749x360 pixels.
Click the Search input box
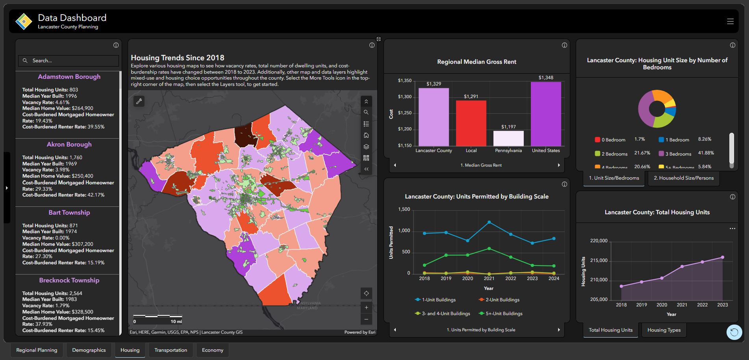pyautogui.click(x=71, y=61)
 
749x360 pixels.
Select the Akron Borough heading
pyautogui.click(x=69, y=145)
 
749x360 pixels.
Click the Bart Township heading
pyautogui.click(x=69, y=213)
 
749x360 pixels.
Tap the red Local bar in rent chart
pyautogui.click(x=471, y=123)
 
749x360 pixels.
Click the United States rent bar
pyautogui.click(x=546, y=114)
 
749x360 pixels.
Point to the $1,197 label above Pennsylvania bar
pyautogui.click(x=508, y=127)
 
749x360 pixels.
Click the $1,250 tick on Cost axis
pyautogui.click(x=404, y=113)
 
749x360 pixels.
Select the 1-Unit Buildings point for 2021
pyautogui.click(x=489, y=222)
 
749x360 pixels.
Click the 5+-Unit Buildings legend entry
pyautogui.click(x=500, y=314)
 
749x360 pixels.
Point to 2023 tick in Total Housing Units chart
pyautogui.click(x=722, y=305)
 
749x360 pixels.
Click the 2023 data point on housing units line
pyautogui.click(x=723, y=257)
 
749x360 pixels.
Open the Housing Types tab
pyautogui.click(x=664, y=330)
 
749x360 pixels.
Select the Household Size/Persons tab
pyautogui.click(x=684, y=178)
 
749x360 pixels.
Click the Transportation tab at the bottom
pyautogui.click(x=171, y=350)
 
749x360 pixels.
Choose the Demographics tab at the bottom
pyautogui.click(x=89, y=350)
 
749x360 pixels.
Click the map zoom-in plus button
pyautogui.click(x=366, y=308)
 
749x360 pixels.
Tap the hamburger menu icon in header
pyautogui.click(x=730, y=21)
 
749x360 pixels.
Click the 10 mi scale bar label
pyautogui.click(x=176, y=321)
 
